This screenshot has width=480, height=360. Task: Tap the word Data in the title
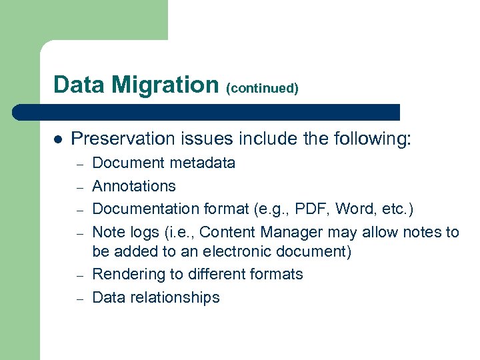[79, 85]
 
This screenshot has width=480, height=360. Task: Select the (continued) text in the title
[262, 88]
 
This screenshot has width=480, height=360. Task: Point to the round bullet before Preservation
[58, 140]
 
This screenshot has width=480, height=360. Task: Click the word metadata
[203, 163]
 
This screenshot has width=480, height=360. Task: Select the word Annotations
[134, 186]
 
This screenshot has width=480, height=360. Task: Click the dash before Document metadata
[77, 164]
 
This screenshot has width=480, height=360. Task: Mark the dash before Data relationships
[77, 299]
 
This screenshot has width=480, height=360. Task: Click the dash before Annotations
[77, 187]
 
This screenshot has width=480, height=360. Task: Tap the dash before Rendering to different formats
[77, 276]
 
